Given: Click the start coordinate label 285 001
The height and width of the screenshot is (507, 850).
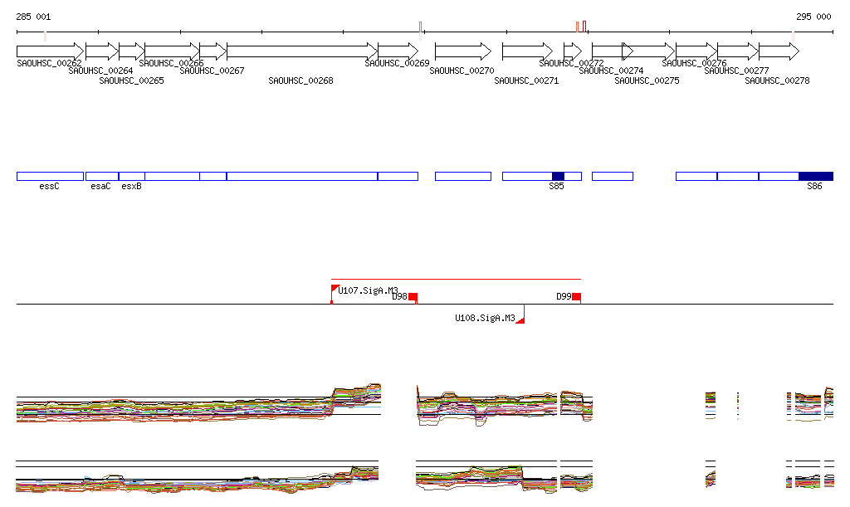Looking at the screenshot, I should click(33, 17).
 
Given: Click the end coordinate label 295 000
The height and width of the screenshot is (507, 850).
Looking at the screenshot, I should click(813, 17).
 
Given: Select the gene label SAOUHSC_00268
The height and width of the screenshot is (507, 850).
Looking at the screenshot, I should click(300, 80).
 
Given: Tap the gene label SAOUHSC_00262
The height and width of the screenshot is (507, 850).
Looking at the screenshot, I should click(49, 63).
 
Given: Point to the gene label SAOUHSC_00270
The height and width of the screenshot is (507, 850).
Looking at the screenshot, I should click(462, 71).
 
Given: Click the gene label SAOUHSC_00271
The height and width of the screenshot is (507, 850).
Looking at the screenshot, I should click(526, 80).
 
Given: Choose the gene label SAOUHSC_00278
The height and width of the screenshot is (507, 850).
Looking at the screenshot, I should click(777, 80).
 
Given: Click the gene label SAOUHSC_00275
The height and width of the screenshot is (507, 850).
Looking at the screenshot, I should click(647, 80).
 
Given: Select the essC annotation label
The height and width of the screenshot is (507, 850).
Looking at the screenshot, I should click(49, 187).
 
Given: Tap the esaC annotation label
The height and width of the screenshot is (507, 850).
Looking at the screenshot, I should click(100, 187).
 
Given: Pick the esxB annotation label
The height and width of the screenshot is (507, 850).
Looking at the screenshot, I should click(131, 187).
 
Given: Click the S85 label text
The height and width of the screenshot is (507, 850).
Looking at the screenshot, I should click(556, 187).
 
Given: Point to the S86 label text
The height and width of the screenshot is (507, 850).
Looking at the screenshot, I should click(814, 187).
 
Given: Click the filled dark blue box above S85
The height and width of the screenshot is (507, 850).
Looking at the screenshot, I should click(558, 176).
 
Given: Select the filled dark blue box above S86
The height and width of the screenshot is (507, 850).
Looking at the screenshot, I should click(815, 176).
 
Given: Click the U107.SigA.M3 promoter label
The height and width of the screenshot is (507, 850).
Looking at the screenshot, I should click(368, 290).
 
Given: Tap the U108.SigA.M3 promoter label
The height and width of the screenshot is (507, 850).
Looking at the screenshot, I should click(485, 318).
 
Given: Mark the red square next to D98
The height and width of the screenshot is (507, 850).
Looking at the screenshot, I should click(413, 297).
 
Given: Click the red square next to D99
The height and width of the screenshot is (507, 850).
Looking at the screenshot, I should click(576, 297).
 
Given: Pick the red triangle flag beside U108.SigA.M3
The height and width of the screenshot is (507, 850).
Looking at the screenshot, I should click(520, 319).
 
